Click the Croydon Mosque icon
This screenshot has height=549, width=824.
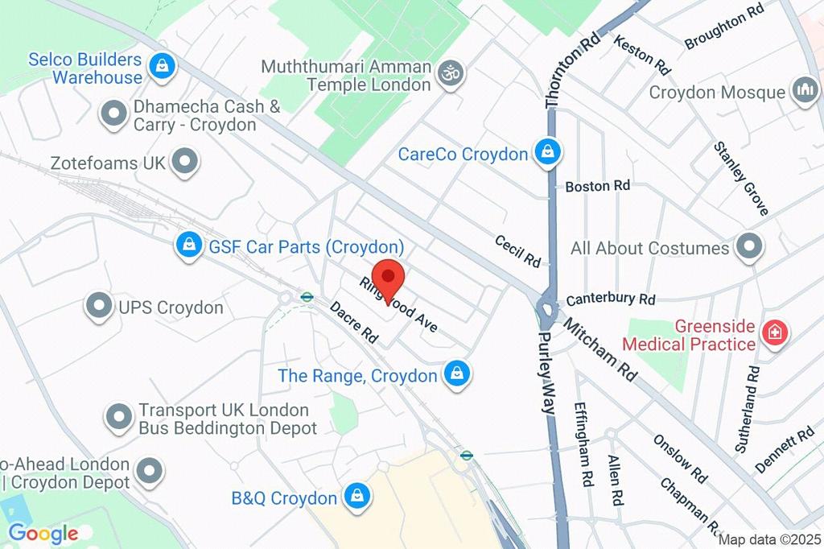pyautogui.click(x=804, y=91)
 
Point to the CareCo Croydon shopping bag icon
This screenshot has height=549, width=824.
pyautogui.click(x=548, y=153)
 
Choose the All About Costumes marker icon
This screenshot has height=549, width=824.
pyautogui.click(x=749, y=247)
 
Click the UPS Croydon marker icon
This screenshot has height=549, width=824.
pyautogui.click(x=98, y=307)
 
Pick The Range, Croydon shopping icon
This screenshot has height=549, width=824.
pyautogui.click(x=457, y=374)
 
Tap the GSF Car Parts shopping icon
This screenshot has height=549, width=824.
pyautogui.click(x=189, y=246)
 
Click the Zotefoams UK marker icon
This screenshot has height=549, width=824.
pyautogui.click(x=186, y=162)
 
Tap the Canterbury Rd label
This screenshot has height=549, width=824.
pyautogui.click(x=611, y=299)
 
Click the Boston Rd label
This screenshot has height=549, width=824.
pyautogui.click(x=597, y=186)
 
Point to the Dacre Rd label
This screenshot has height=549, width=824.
pyautogui.click(x=354, y=323)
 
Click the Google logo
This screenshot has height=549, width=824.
pyautogui.click(x=43, y=532)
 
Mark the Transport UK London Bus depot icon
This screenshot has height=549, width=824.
pyautogui.click(x=119, y=418)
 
